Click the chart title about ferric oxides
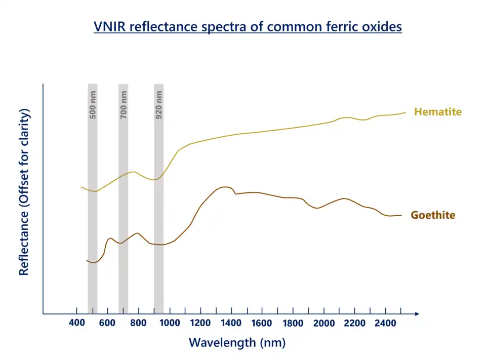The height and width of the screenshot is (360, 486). (x=248, y=26)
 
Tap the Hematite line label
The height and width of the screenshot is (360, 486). (x=437, y=112)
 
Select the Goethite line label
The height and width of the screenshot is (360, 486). (x=432, y=215)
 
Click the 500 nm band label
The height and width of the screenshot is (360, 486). (x=93, y=105)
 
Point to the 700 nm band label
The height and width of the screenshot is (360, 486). (x=124, y=105)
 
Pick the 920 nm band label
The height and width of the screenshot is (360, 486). (x=159, y=105)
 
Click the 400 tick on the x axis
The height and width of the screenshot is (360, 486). (x=76, y=323)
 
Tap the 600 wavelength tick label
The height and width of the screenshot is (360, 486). (x=107, y=323)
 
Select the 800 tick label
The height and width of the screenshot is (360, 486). (x=138, y=323)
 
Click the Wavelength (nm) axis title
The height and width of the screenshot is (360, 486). (x=237, y=343)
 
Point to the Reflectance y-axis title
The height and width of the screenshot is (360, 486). (x=24, y=192)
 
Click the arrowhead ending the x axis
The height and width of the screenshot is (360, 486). (x=416, y=314)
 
